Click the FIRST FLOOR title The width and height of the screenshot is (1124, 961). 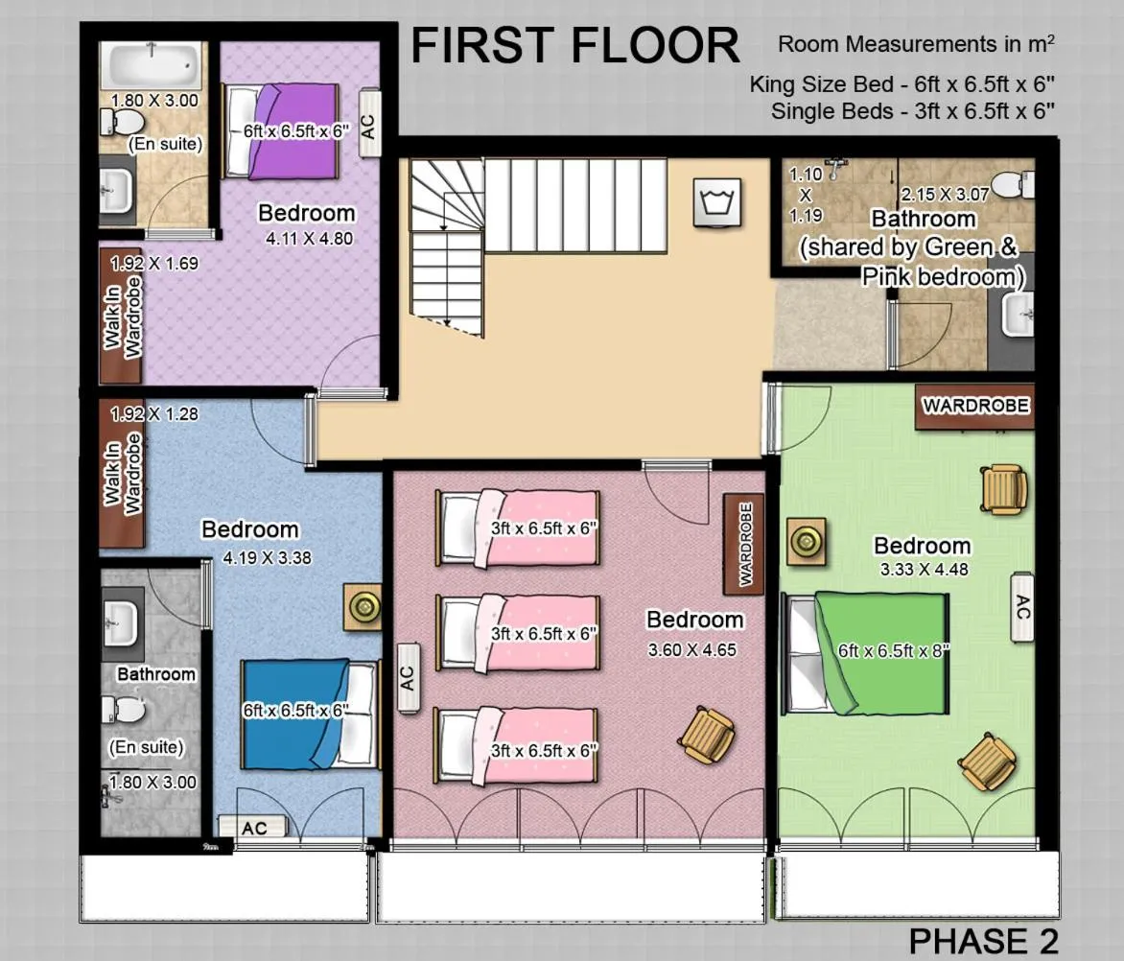pos(575,46)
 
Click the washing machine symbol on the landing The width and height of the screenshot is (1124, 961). pos(717,204)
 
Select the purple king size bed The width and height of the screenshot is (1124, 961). pos(282,131)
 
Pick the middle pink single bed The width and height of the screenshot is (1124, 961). pos(519,633)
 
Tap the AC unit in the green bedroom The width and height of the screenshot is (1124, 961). pos(1022,606)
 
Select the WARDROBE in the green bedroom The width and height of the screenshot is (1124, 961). pos(974,405)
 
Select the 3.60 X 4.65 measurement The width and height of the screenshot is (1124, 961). pos(691,649)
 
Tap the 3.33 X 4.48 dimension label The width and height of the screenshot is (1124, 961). pos(924,570)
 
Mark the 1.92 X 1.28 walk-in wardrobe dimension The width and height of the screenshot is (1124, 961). pos(154,415)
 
